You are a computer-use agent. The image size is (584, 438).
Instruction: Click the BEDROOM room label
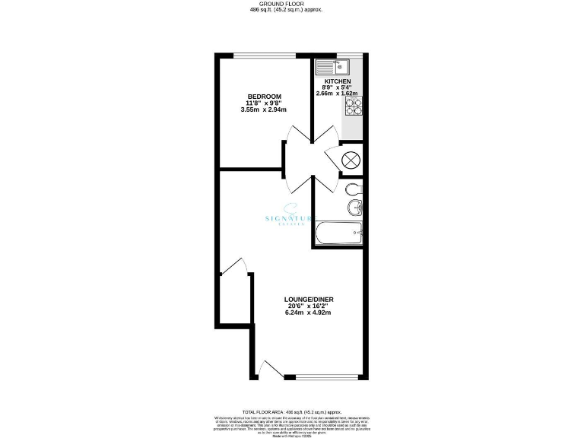click(263, 96)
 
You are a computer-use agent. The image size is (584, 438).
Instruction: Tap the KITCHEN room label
click(338, 81)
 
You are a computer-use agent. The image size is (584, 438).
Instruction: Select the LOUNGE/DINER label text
click(310, 299)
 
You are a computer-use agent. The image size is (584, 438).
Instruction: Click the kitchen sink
click(334, 65)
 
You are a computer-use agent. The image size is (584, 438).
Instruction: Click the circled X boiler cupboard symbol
click(351, 160)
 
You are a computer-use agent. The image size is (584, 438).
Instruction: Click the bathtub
click(338, 233)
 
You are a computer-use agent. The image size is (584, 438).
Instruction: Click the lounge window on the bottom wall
click(325, 376)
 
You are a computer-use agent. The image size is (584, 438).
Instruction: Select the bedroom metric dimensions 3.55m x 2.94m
click(263, 111)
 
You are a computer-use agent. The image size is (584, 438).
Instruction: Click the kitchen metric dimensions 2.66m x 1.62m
click(338, 94)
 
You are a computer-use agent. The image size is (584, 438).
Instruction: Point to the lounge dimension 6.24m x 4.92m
click(310, 313)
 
